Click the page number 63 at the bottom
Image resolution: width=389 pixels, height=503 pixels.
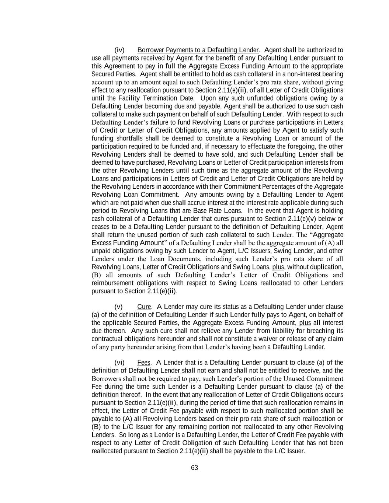click(194, 468)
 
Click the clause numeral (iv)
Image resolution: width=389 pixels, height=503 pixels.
click(119, 50)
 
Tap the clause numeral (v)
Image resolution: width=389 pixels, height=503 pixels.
click(118, 307)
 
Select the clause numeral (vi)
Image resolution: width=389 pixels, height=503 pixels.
click(119, 363)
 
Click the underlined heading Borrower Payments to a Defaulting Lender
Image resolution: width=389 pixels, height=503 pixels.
click(198, 50)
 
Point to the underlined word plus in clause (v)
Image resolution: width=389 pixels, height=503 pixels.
click(305, 323)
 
